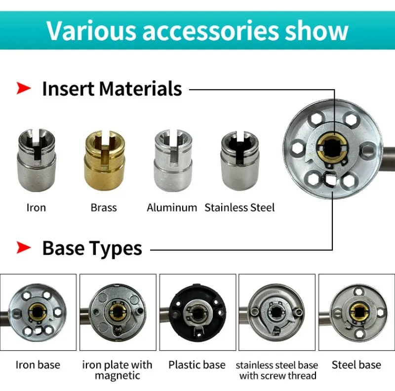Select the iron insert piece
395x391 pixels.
click(x=36, y=159)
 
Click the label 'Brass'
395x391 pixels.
click(x=104, y=207)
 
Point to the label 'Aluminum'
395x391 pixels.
click(x=172, y=207)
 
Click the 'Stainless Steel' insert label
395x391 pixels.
click(x=239, y=207)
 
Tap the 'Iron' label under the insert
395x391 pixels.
click(x=36, y=207)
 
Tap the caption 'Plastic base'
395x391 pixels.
click(x=197, y=365)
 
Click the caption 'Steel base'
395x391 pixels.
click(x=356, y=365)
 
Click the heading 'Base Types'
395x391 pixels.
click(x=92, y=248)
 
